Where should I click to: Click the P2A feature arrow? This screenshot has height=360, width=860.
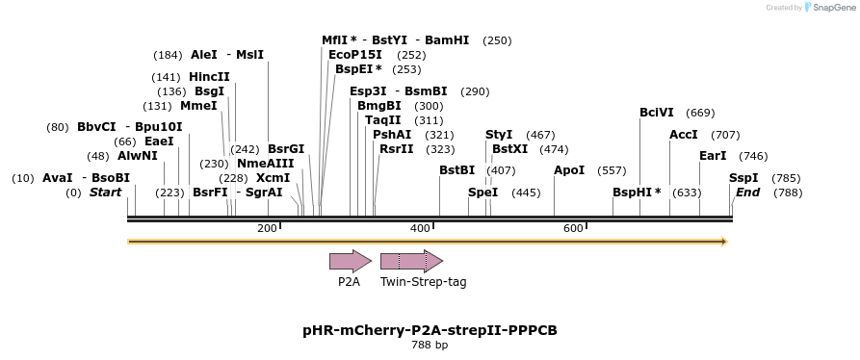[350, 261]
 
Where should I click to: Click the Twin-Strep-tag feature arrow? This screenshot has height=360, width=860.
[411, 261]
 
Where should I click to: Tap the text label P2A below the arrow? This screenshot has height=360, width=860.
[349, 282]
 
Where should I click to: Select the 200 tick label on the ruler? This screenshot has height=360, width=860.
[267, 228]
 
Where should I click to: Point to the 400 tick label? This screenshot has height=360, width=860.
[420, 228]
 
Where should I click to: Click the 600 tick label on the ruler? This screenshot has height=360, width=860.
[573, 228]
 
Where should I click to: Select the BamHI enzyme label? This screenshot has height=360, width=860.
[447, 40]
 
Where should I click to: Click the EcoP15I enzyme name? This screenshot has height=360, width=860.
[355, 55]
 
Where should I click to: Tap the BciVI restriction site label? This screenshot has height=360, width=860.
[657, 113]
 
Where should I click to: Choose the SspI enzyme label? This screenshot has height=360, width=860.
[743, 178]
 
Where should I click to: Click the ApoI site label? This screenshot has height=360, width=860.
[569, 170]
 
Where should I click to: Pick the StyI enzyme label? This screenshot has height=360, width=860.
[499, 135]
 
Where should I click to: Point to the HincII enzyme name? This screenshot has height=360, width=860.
[209, 77]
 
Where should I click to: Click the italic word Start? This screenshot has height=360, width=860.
[106, 193]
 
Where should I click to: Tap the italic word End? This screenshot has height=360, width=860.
[747, 193]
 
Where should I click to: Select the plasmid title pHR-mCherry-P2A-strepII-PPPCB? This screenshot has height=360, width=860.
[430, 330]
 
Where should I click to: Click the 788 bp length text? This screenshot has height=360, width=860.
[430, 345]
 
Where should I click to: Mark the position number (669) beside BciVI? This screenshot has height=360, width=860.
[700, 113]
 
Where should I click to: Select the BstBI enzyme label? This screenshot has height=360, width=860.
[456, 170]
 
